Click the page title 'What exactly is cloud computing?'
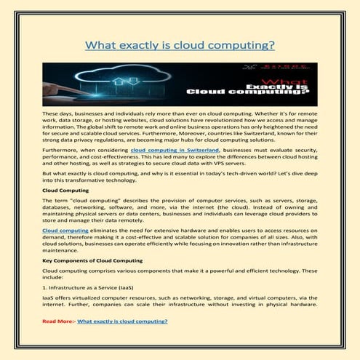(x=180, y=45)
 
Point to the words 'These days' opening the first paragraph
(x=55, y=114)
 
